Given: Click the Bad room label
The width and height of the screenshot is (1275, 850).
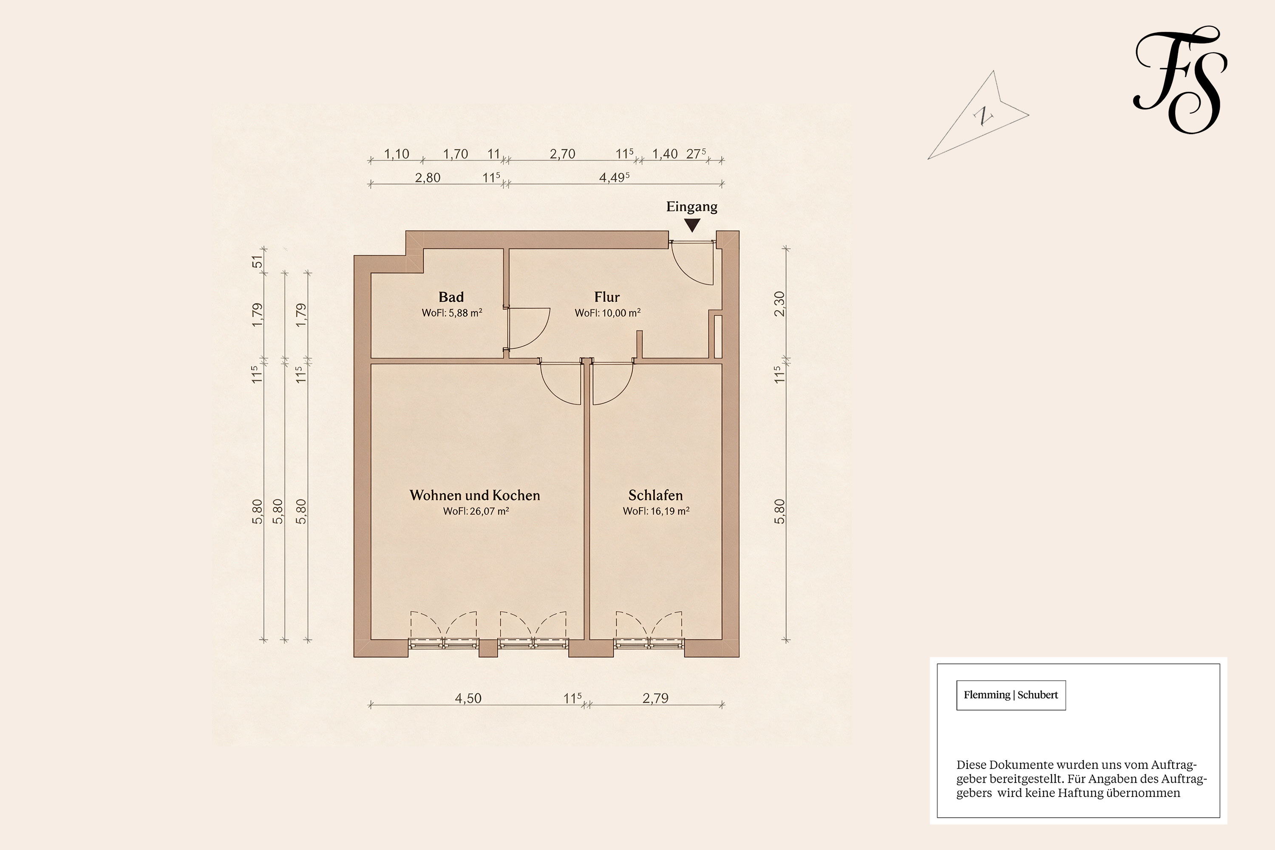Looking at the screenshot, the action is point(451,297).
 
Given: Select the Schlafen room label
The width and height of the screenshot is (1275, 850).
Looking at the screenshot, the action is point(655,495).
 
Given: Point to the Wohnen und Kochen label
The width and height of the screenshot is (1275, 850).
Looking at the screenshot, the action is point(475,495).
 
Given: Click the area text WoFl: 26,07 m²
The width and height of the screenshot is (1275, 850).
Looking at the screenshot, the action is point(476,511).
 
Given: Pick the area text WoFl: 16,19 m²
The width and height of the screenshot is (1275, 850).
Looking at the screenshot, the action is point(656,511).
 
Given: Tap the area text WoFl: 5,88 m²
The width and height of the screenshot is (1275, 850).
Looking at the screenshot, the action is point(452,313).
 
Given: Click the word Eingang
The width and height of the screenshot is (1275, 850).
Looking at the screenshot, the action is point(692,207).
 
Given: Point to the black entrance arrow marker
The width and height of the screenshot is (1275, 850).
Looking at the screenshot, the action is point(692,225).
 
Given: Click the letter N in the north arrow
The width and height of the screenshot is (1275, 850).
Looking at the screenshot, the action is point(982,116).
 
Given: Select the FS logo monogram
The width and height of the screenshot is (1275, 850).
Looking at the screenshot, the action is point(1180,80).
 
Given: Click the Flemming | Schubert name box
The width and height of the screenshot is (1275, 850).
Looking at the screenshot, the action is point(1011,695).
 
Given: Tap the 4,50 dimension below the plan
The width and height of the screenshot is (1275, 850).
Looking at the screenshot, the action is point(468,698).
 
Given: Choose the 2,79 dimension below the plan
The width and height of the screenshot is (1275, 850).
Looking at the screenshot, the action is point(655,698).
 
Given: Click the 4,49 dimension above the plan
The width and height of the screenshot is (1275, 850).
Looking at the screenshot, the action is point(614,177).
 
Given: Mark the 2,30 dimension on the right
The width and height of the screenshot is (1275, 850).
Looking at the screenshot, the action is point(779,304).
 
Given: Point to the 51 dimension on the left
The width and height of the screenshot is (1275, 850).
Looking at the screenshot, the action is point(258,262).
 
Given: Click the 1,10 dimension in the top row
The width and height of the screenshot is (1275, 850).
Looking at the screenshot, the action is point(397,154).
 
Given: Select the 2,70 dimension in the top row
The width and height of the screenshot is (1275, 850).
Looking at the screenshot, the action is point(563,154).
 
